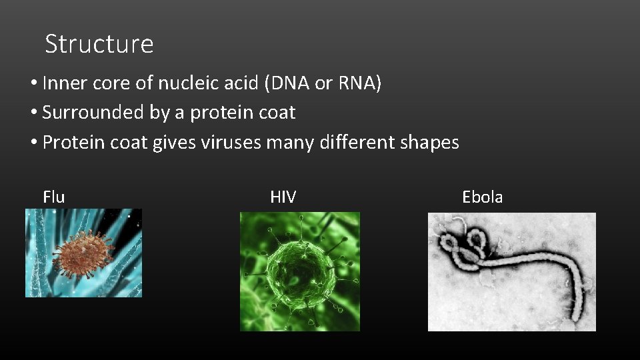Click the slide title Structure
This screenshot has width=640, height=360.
pyautogui.click(x=99, y=44)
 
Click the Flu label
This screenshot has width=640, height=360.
pyautogui.click(x=53, y=197)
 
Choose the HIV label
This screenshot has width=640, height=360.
pyautogui.click(x=283, y=197)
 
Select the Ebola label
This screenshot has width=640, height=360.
pyautogui.click(x=482, y=197)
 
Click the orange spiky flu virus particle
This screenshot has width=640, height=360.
pyautogui.click(x=84, y=253)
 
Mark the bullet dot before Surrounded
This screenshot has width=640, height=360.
pyautogui.click(x=33, y=113)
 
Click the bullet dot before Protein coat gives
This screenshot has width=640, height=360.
pyautogui.click(x=33, y=143)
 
